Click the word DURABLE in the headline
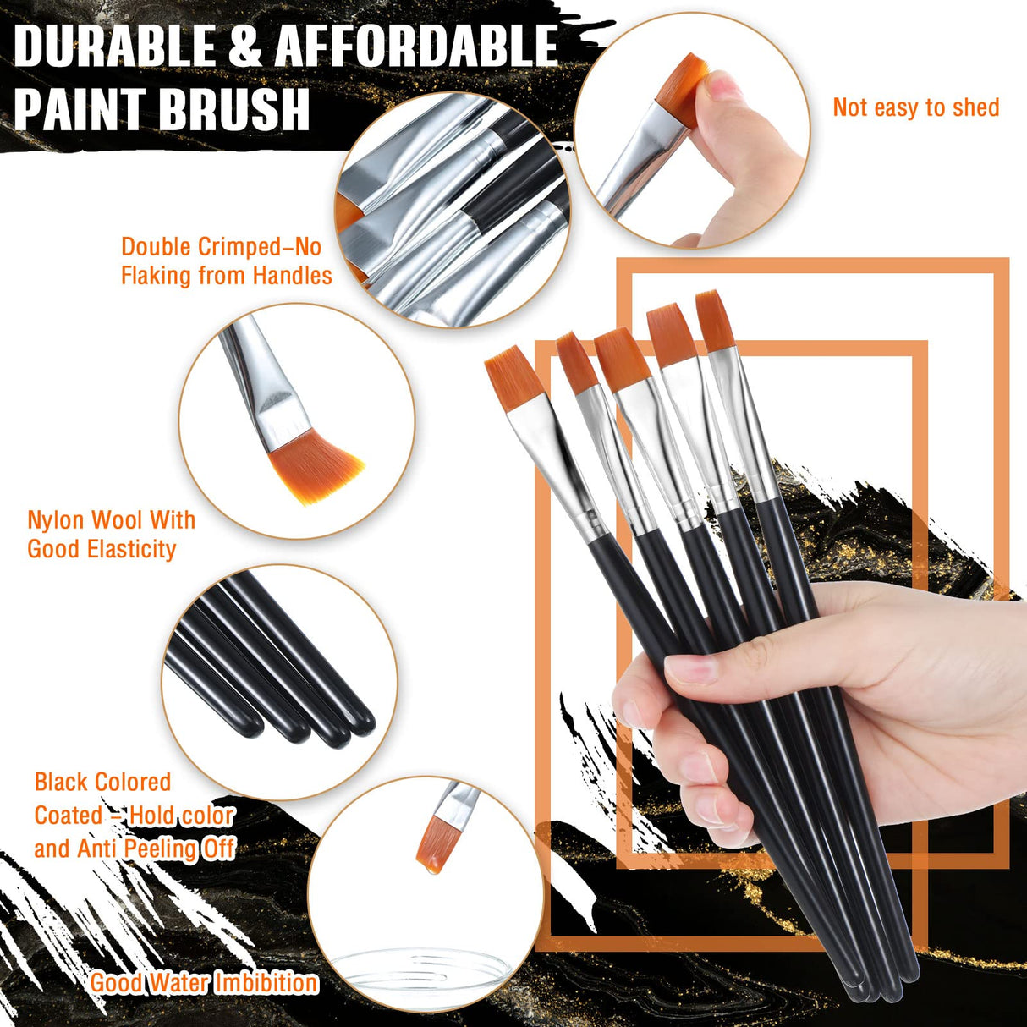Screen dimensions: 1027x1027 [x=114, y=47]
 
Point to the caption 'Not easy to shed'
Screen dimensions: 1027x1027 [x=915, y=108]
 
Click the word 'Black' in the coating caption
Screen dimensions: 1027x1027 [x=61, y=782]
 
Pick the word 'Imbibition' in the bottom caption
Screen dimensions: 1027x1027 [x=266, y=982]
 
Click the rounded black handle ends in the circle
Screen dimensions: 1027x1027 [x=338, y=728]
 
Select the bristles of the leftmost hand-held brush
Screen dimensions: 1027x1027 [x=513, y=377]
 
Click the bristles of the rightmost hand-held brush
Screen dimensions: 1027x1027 [x=716, y=320]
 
